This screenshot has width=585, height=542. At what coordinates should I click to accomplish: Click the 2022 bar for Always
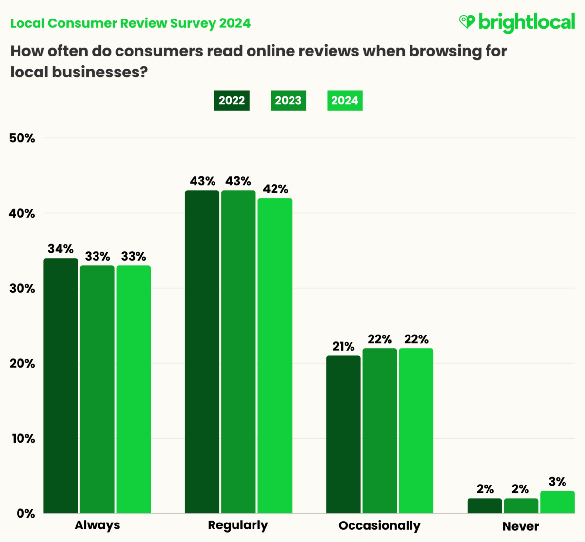(61, 385)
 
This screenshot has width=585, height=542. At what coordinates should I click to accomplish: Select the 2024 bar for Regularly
(275, 355)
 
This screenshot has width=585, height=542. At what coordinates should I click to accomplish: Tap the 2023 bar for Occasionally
(380, 430)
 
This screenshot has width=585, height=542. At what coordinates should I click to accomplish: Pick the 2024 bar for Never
(557, 502)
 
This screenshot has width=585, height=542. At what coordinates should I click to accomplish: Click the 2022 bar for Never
(485, 505)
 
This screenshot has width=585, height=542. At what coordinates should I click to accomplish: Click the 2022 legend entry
(232, 101)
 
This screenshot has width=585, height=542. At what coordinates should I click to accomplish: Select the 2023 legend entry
(288, 101)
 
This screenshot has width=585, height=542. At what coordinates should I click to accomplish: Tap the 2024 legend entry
(345, 101)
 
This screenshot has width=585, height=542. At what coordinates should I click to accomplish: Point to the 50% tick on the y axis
(22, 138)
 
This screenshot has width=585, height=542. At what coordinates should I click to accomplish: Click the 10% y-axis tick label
(23, 439)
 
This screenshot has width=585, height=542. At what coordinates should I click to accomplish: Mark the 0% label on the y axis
(25, 514)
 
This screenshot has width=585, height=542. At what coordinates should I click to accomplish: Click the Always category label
(97, 525)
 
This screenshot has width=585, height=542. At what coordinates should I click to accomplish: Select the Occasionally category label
(379, 526)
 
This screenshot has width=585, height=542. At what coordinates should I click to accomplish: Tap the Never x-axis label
(521, 526)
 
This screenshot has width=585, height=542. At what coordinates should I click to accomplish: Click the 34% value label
(60, 249)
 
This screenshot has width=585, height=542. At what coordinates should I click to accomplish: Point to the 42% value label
(275, 189)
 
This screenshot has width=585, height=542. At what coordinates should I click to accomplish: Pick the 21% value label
(343, 347)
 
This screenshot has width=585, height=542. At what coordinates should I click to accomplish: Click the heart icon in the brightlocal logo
(467, 22)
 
